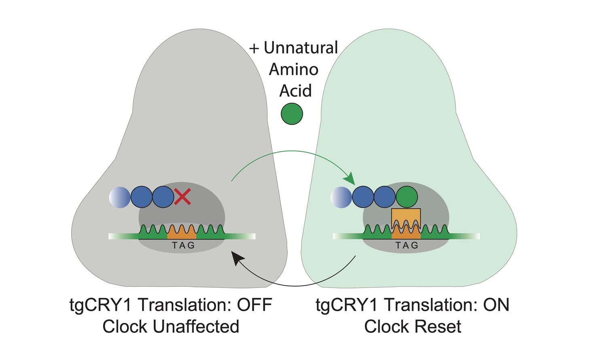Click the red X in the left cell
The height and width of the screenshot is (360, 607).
[x=182, y=197]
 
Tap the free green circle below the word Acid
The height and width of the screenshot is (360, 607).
[x=292, y=114]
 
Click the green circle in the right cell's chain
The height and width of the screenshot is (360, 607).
[x=406, y=197]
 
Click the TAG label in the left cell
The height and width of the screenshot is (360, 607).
[x=183, y=246]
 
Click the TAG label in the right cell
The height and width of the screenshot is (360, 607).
[x=407, y=246]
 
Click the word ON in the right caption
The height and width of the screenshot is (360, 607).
[x=496, y=305]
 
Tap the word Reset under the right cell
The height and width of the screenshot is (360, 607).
[x=440, y=326]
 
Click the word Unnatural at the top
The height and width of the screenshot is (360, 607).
[x=301, y=48]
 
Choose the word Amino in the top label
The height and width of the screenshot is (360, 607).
[x=293, y=69]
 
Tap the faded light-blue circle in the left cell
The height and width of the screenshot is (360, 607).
[x=120, y=197]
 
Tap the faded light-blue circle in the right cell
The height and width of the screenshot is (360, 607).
[x=341, y=197]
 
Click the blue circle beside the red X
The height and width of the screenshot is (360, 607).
[x=163, y=197]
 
